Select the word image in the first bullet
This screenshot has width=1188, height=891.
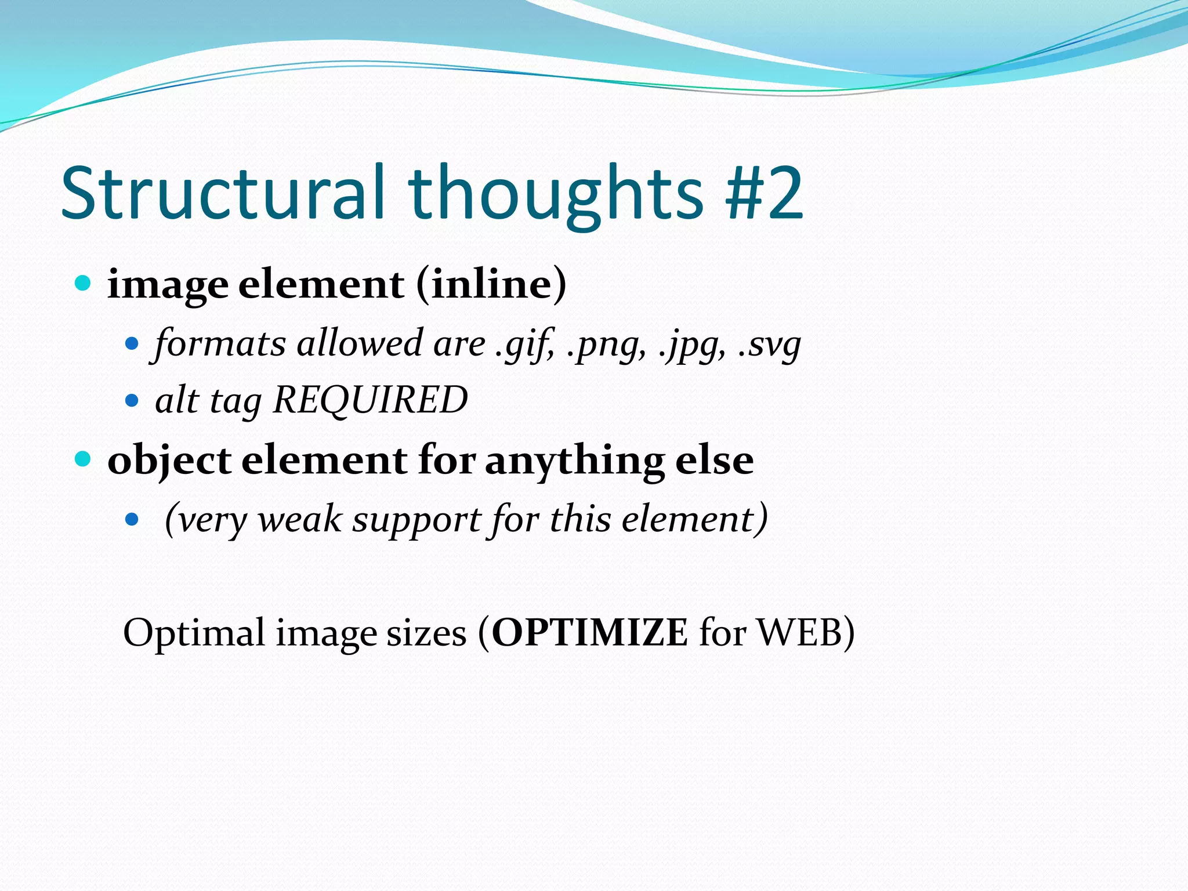(168, 285)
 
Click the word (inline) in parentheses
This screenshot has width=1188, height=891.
(491, 284)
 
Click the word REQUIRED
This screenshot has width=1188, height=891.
(370, 400)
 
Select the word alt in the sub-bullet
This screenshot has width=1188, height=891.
(177, 400)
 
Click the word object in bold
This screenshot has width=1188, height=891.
(169, 462)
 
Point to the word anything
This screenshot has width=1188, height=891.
(574, 462)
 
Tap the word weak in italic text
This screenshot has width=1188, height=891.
(299, 519)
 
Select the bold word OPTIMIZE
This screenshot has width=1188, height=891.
(589, 632)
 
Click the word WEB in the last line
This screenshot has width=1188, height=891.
(801, 632)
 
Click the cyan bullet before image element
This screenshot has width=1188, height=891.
(84, 284)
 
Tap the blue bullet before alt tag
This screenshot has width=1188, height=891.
(132, 400)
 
